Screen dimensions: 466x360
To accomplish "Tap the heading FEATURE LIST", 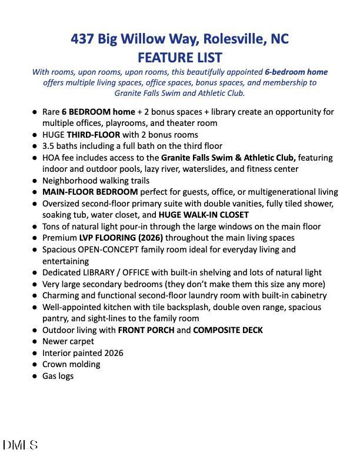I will coord(179,57).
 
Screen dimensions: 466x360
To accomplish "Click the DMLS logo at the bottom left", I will coord(20,445).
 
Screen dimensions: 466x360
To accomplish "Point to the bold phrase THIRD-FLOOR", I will coord(93,135).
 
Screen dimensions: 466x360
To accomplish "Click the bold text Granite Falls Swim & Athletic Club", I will coord(228,158).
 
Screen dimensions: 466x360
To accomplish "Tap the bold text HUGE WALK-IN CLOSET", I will coord(204,215).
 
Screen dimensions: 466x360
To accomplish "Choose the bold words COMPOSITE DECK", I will coord(228,330).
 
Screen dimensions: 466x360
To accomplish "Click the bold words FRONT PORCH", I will coord(146,330).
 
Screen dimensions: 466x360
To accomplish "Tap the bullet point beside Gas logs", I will coord(35,376).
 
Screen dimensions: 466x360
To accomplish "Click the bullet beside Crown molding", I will coord(35,364).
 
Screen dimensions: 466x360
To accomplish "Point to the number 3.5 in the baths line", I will coord(49,146).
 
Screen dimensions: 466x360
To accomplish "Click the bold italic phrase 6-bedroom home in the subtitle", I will coord(296,72).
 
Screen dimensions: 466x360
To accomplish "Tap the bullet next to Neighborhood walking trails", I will coord(35,181).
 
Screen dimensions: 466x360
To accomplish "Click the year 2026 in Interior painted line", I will coord(112,353).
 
